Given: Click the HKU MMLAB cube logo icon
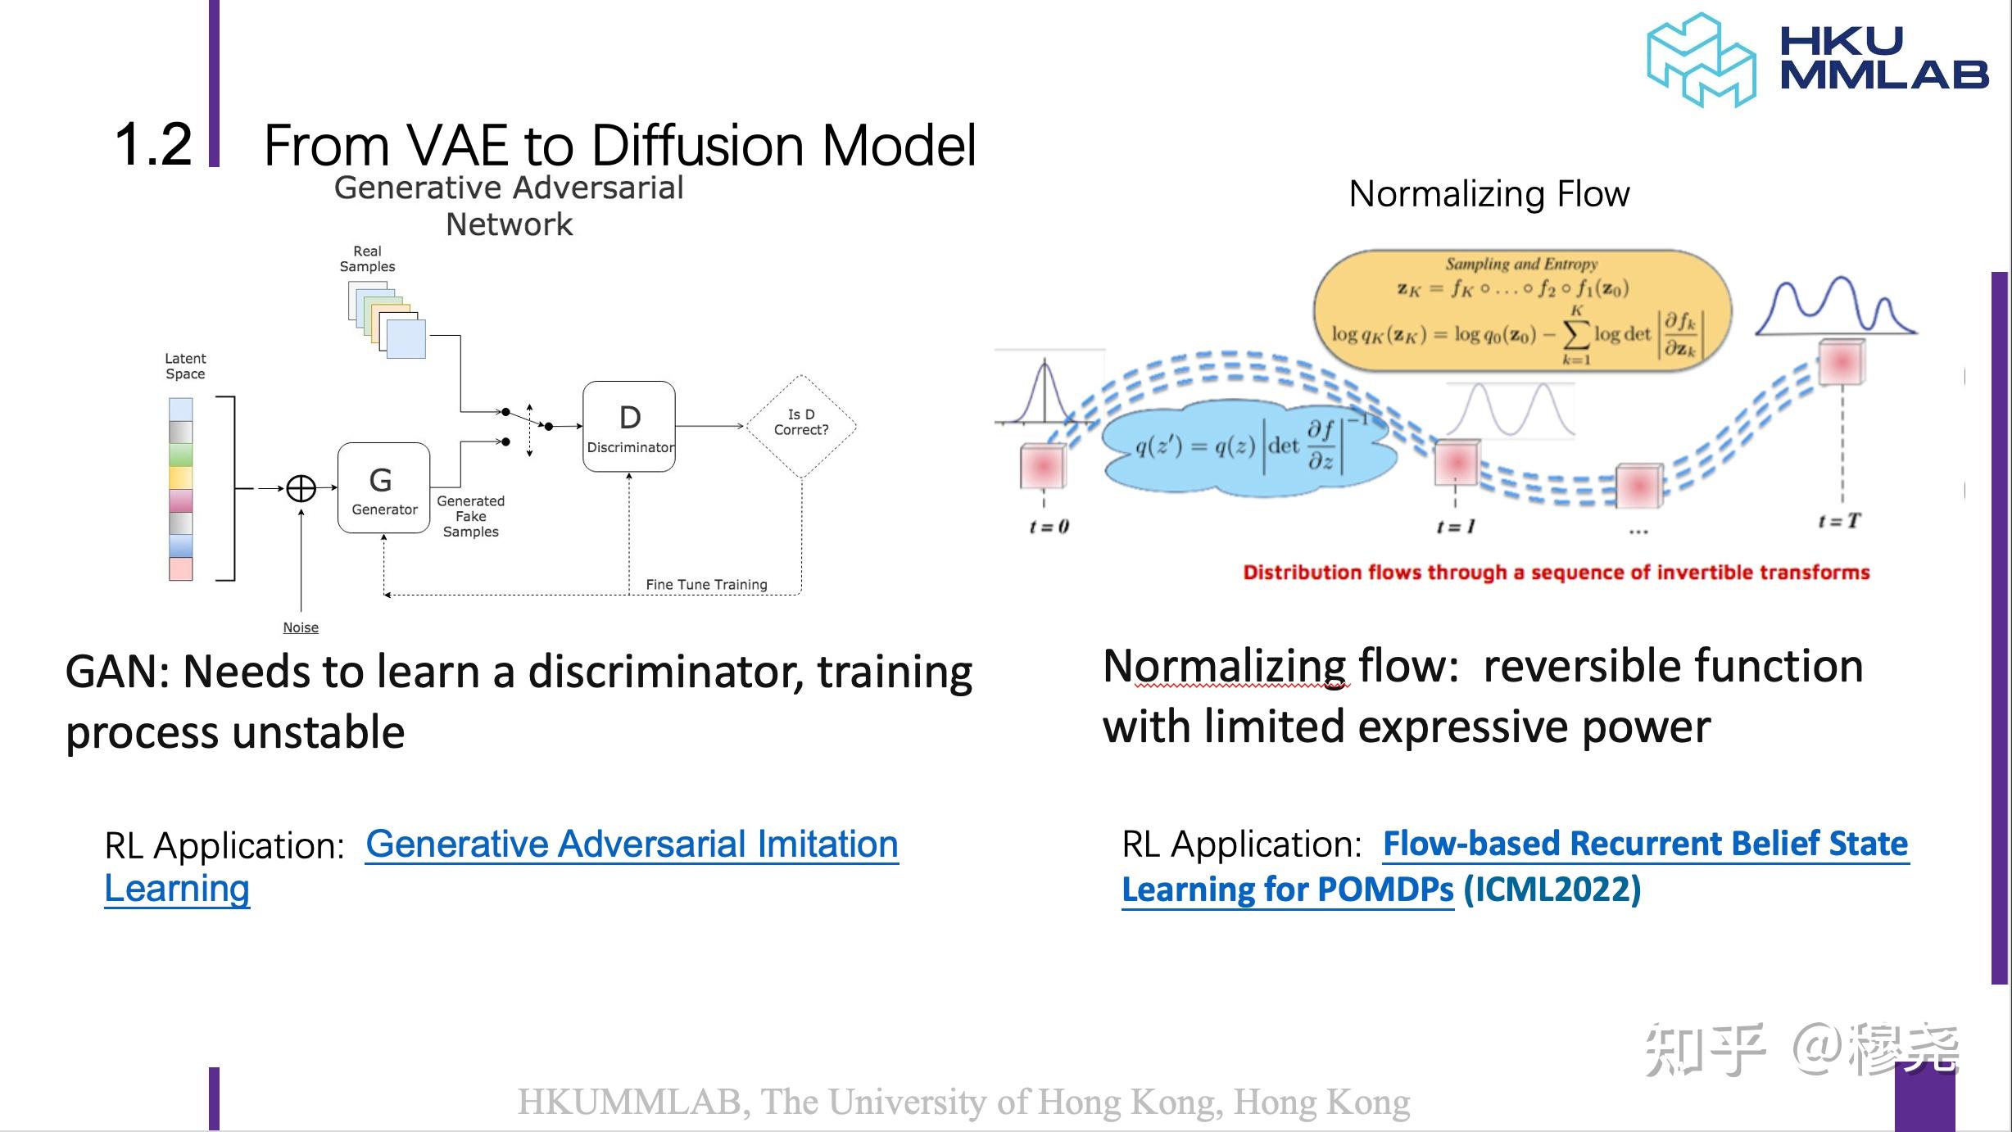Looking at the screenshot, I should click(1701, 60).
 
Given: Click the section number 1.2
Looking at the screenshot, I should click(153, 145).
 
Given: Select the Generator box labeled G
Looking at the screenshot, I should click(383, 488).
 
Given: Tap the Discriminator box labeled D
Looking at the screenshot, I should click(629, 426).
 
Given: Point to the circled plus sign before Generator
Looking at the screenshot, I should click(301, 488).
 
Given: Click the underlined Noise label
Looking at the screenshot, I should click(301, 627).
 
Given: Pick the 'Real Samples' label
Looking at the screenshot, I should click(367, 259).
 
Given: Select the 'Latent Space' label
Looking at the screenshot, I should click(185, 366).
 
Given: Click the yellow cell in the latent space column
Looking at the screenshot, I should click(180, 477).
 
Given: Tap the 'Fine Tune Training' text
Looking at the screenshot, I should click(706, 585).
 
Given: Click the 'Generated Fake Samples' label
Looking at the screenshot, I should click(470, 516).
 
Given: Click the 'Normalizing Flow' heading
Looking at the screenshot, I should click(1489, 194).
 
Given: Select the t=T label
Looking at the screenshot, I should click(1839, 521).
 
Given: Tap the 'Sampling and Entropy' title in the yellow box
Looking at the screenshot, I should click(1520, 264).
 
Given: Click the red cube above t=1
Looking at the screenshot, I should click(1457, 463).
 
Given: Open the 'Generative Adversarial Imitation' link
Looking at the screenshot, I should click(632, 844).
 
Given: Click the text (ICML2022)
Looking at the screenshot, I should click(1552, 890).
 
